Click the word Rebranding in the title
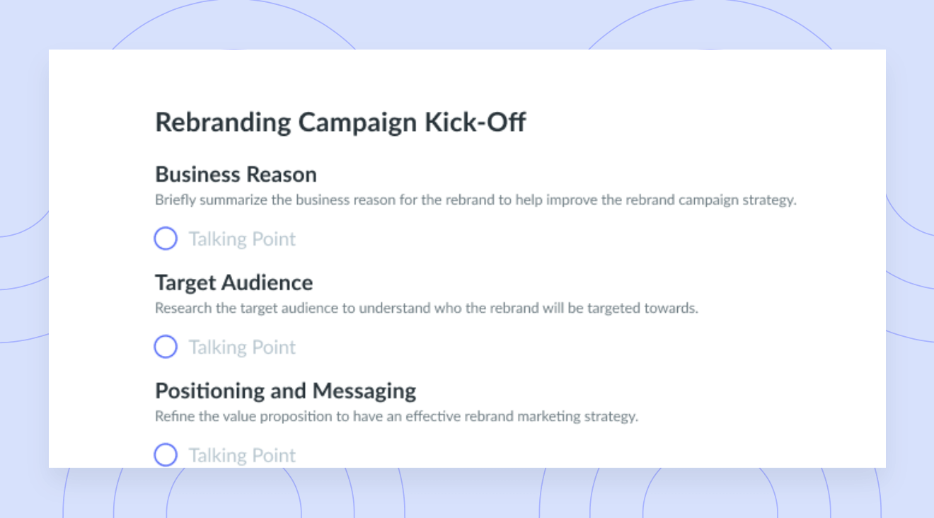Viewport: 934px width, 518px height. [x=223, y=123]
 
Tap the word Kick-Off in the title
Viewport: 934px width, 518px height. [x=475, y=122]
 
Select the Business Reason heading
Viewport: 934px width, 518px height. [x=236, y=174]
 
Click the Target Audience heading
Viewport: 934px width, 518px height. [x=233, y=283]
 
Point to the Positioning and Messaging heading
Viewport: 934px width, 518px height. [x=285, y=391]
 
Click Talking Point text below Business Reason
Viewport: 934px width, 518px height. [x=242, y=239]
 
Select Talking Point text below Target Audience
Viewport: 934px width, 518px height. [x=242, y=347]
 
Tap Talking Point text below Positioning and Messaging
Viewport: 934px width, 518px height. [x=242, y=456]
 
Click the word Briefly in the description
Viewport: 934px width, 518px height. [x=175, y=200]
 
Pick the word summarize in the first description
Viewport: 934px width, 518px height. [x=233, y=200]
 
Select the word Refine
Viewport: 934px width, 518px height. [x=175, y=416]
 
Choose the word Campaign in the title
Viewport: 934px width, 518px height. [x=357, y=123]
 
